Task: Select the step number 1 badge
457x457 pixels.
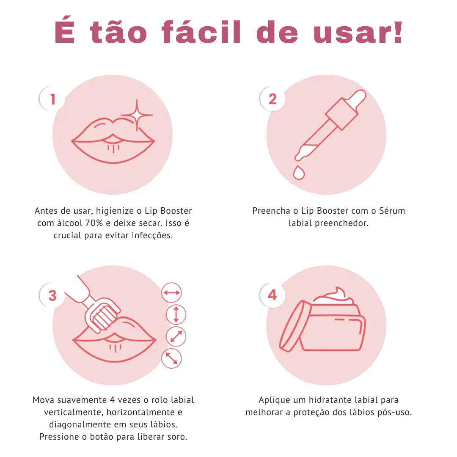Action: (52, 99)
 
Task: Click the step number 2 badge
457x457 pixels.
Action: (272, 99)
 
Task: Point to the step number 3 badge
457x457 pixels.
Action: (52, 295)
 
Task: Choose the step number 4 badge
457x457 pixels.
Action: (272, 295)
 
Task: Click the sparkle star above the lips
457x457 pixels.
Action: (137, 115)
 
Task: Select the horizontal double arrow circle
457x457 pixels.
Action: (172, 293)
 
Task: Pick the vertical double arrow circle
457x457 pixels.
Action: (176, 314)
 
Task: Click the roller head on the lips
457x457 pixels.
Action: (102, 316)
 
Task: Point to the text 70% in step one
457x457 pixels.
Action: (94, 223)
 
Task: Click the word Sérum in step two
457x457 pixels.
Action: (392, 211)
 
